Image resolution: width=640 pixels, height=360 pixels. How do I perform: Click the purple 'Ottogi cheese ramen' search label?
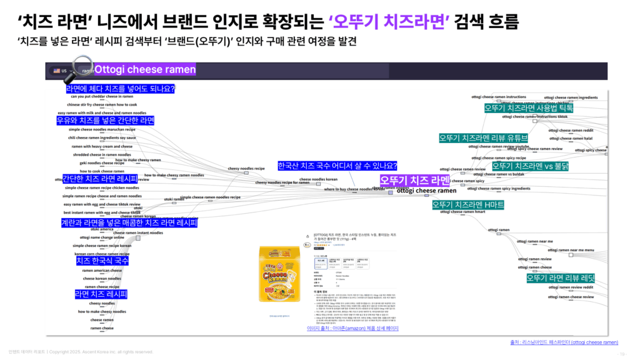pyautogui.click(x=145, y=69)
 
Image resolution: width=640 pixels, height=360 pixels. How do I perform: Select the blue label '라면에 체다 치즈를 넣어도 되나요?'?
pyautogui.click(x=121, y=89)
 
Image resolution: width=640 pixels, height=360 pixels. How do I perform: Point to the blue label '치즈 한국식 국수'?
pyautogui.click(x=102, y=261)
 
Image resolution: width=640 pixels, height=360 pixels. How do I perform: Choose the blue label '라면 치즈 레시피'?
pyautogui.click(x=101, y=294)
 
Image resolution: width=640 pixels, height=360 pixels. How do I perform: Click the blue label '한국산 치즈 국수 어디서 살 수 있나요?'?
pyautogui.click(x=337, y=166)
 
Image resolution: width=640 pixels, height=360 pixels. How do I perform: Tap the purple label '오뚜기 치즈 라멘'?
pyautogui.click(x=414, y=181)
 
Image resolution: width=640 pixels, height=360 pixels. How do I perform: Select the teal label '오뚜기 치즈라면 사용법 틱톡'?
pyautogui.click(x=529, y=107)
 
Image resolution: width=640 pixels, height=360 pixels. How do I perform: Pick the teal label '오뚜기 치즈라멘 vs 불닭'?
pyautogui.click(x=530, y=166)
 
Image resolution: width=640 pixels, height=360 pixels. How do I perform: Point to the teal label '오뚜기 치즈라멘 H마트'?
pyautogui.click(x=468, y=204)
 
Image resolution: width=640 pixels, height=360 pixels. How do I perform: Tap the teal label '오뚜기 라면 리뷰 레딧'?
pyautogui.click(x=561, y=277)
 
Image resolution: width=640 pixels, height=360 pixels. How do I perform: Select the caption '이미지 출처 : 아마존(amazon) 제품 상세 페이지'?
pyautogui.click(x=352, y=328)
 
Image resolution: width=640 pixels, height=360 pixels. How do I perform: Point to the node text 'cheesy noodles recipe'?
pyautogui.click(x=246, y=168)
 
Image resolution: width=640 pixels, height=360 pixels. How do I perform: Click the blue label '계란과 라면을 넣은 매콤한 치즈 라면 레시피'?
pyautogui.click(x=129, y=222)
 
